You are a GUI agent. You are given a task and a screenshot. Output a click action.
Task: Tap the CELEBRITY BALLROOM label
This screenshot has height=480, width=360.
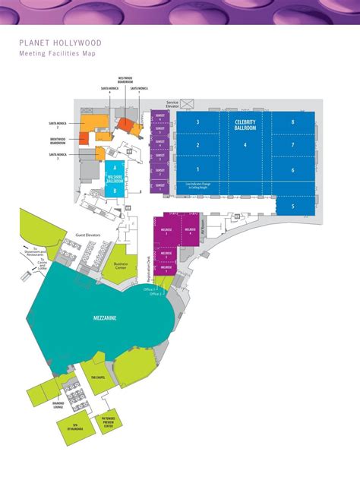(x=245, y=125)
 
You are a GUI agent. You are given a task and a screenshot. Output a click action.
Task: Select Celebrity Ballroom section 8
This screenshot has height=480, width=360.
(x=292, y=122)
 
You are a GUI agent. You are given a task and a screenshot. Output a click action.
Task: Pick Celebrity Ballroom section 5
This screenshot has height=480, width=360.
(x=292, y=205)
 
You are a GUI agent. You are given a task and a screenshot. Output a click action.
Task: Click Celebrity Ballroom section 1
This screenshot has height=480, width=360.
(x=197, y=169)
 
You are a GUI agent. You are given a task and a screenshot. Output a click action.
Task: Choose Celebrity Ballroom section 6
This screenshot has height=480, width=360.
(x=292, y=169)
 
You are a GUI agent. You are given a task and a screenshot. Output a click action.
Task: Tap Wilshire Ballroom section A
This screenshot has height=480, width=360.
(x=115, y=166)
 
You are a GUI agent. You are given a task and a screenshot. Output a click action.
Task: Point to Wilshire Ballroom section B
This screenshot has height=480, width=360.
(x=115, y=191)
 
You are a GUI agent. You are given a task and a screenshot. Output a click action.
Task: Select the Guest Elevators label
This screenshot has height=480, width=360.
(x=88, y=235)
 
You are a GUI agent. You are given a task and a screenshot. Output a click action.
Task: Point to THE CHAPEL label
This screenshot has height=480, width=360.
(x=97, y=377)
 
